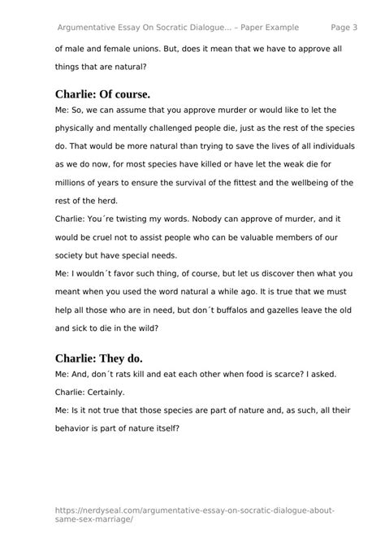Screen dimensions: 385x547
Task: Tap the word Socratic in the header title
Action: pyautogui.click(x=188, y=27)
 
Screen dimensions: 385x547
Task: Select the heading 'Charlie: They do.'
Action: pyautogui.click(x=98, y=358)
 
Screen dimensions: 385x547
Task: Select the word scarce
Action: pyautogui.click(x=275, y=374)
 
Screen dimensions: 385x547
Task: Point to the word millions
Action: pyautogui.click(x=75, y=183)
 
